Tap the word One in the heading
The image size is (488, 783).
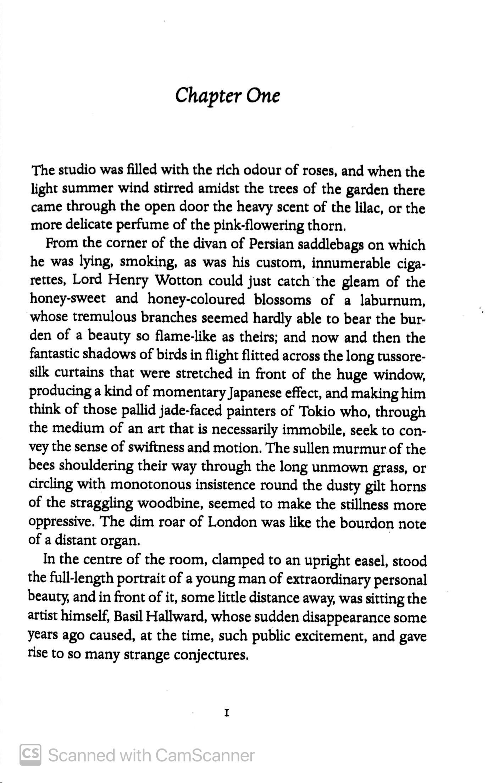click(262, 96)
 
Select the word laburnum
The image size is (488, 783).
click(392, 300)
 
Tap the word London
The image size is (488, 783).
click(232, 522)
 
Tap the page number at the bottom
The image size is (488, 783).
click(226, 713)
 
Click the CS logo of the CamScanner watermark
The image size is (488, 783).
click(30, 755)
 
